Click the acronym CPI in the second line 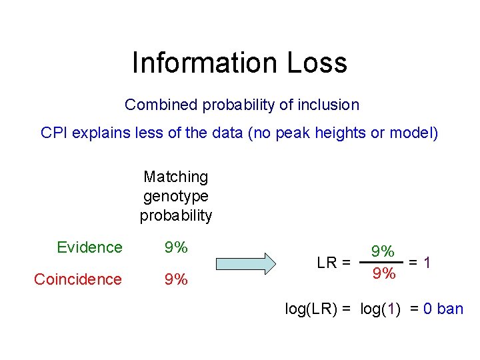pos(54,133)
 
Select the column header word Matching pos(176,177)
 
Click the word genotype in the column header pos(176,196)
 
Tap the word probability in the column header pos(176,215)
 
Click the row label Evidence pos(89,247)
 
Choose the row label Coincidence pos(78,279)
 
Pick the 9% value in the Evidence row pos(176,247)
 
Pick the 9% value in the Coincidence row pos(176,279)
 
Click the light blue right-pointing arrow pos(265,263)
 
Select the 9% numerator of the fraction pos(383,251)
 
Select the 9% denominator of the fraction pos(383,274)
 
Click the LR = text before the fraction pos(333,263)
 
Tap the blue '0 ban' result pos(443,309)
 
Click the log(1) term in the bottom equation pos(380,309)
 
